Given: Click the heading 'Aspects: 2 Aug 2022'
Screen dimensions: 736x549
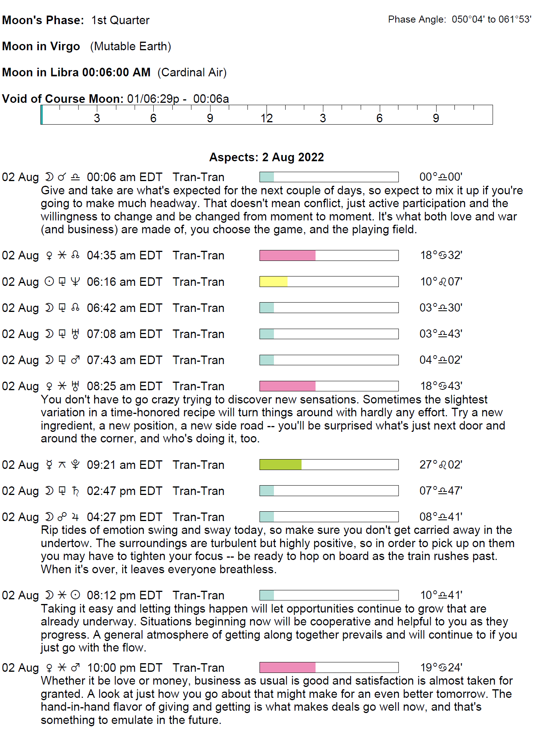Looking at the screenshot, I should coord(267,157).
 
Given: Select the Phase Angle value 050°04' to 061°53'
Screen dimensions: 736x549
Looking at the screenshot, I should coord(491,19).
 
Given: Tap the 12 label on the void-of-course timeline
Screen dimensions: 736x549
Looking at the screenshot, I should coord(267,118).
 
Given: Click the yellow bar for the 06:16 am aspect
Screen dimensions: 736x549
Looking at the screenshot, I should coord(274,282).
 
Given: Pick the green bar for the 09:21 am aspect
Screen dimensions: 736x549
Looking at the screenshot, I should coord(281,465).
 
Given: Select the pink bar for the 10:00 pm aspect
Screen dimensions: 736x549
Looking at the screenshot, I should coord(288,667).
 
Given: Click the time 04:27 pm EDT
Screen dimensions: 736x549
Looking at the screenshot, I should coord(124,517).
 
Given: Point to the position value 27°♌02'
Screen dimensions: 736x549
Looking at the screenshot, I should coord(440,465).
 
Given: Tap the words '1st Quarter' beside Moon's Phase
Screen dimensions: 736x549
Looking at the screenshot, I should coord(120,20).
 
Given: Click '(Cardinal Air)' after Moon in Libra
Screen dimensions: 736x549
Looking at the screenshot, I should coord(192,72).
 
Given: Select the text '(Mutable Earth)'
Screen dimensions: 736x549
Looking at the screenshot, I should coord(130,46).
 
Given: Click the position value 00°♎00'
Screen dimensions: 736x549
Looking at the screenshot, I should coord(440,177).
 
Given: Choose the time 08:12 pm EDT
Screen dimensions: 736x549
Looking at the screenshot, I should coord(124,595).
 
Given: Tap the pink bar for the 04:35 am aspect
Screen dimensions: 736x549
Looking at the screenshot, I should coord(288,255).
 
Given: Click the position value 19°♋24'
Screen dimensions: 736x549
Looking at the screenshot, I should coord(441,667).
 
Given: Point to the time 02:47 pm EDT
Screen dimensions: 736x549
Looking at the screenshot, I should coord(124,491).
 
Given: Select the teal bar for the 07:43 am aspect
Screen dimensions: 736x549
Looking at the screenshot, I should coord(267,360).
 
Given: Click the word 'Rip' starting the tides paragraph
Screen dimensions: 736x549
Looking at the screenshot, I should coord(49,530).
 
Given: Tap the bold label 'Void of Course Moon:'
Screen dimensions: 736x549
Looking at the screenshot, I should coord(63,99).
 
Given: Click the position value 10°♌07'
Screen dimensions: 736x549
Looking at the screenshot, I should coord(441,282).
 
